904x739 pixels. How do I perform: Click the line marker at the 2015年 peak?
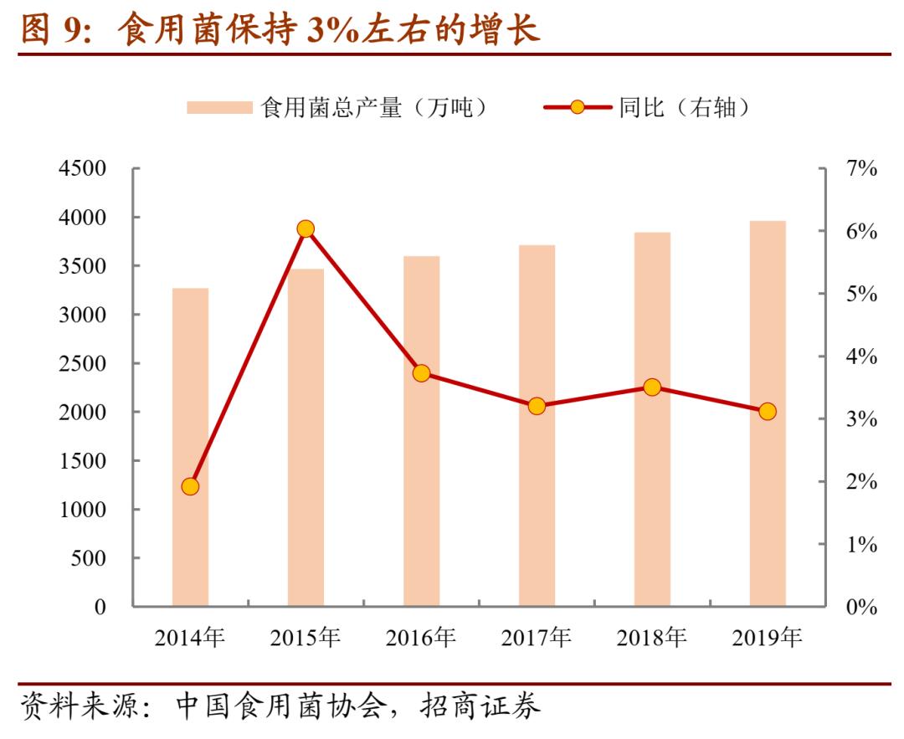pyautogui.click(x=306, y=228)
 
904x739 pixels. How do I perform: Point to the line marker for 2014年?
pyautogui.click(x=190, y=486)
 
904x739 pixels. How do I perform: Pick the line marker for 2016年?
pyautogui.click(x=421, y=373)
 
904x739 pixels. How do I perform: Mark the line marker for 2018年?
pyautogui.click(x=652, y=387)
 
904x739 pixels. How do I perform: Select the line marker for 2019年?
pyautogui.click(x=768, y=412)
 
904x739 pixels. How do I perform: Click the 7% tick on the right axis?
pyautogui.click(x=861, y=169)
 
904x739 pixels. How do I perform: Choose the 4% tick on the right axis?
pyautogui.click(x=861, y=357)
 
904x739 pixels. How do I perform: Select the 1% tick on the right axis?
pyautogui.click(x=861, y=545)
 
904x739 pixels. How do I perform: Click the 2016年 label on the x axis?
pyautogui.click(x=421, y=639)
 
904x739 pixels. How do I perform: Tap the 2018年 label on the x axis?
pyautogui.click(x=652, y=639)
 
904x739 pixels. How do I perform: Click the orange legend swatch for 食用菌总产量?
pyautogui.click(x=218, y=108)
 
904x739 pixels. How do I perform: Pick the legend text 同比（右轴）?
pyautogui.click(x=683, y=108)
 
